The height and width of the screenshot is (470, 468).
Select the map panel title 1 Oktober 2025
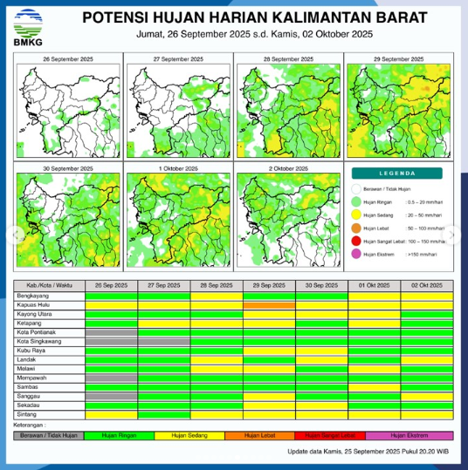click(178, 167)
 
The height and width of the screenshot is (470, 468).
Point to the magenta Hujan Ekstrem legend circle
click(355, 254)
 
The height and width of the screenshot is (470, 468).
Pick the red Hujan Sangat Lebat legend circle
click(355, 241)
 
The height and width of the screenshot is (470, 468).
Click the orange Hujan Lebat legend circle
click(355, 228)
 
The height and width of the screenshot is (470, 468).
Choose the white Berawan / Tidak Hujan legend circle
click(355, 188)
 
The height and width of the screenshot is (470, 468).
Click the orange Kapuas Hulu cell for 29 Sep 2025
click(269, 306)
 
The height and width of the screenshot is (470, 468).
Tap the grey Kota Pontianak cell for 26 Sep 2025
click(111, 332)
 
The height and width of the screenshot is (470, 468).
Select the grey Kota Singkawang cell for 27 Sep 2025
click(163, 342)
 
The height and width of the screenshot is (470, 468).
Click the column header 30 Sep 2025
click(321, 286)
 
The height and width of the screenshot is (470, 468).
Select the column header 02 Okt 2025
click(426, 286)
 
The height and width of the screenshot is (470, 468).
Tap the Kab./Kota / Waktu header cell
click(50, 286)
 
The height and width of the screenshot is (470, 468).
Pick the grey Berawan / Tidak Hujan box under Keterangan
click(50, 434)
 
